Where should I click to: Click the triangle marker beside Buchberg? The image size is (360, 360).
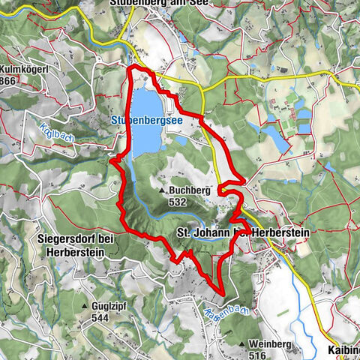(x=163, y=191)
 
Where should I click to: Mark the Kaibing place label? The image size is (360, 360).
(x=344, y=350)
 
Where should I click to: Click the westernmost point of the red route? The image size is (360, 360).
(x=111, y=159)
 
